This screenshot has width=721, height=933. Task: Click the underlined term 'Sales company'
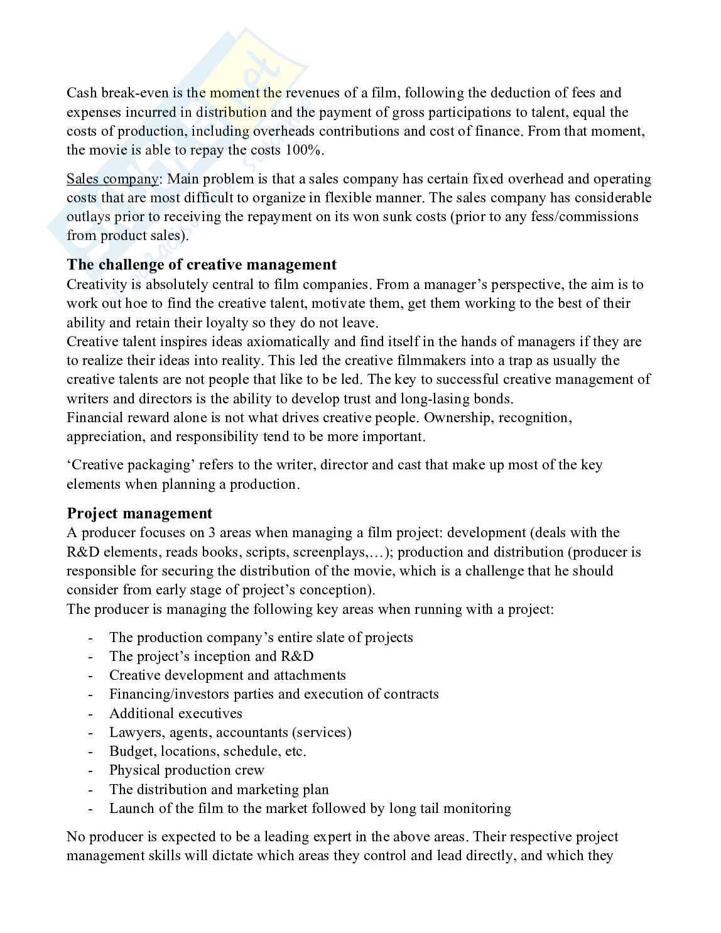tap(113, 179)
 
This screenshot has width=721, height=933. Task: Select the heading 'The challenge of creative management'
tap(202, 265)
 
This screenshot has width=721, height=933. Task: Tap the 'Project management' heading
tap(139, 513)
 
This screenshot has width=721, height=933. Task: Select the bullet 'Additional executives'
tap(175, 713)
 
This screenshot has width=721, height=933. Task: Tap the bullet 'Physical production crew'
tap(187, 770)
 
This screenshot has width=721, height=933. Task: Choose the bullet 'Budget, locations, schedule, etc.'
tap(207, 751)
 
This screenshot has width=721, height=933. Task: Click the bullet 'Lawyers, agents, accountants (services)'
tap(230, 733)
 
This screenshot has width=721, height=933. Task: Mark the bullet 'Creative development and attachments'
tap(227, 675)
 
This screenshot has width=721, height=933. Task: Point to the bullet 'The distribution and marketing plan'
tap(219, 790)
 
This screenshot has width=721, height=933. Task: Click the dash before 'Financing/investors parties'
tap(92, 695)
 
